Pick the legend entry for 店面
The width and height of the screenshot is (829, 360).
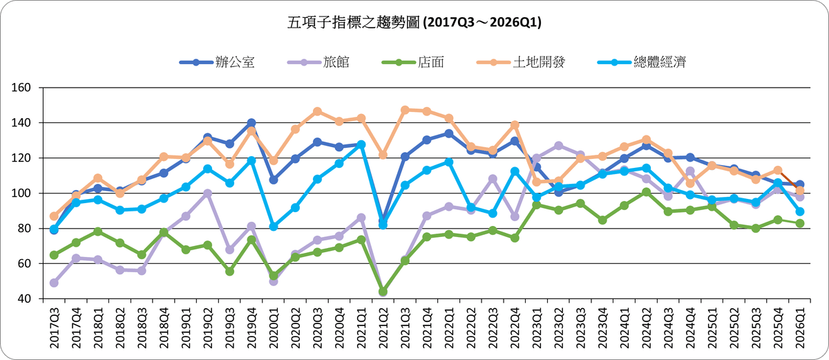pyautogui.click(x=412, y=62)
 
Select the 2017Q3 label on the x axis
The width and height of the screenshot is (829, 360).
pyautogui.click(x=54, y=325)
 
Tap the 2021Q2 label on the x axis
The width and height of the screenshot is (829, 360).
pyautogui.click(x=383, y=325)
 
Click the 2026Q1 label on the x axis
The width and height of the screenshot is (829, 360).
pyautogui.click(x=799, y=325)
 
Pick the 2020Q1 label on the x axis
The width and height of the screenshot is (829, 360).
pyautogui.click(x=274, y=325)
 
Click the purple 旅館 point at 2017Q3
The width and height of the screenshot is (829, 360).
pyautogui.click(x=54, y=283)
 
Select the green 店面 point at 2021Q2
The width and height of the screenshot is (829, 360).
pyautogui.click(x=383, y=292)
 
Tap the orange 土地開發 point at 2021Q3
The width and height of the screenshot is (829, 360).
pyautogui.click(x=405, y=110)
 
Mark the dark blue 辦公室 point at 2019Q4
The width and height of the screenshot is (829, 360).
pyautogui.click(x=251, y=123)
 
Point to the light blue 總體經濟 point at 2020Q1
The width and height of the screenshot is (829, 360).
pyautogui.click(x=274, y=227)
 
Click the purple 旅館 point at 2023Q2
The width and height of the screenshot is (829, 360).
pyautogui.click(x=558, y=146)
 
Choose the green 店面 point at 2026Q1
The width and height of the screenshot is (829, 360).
pyautogui.click(x=799, y=223)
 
